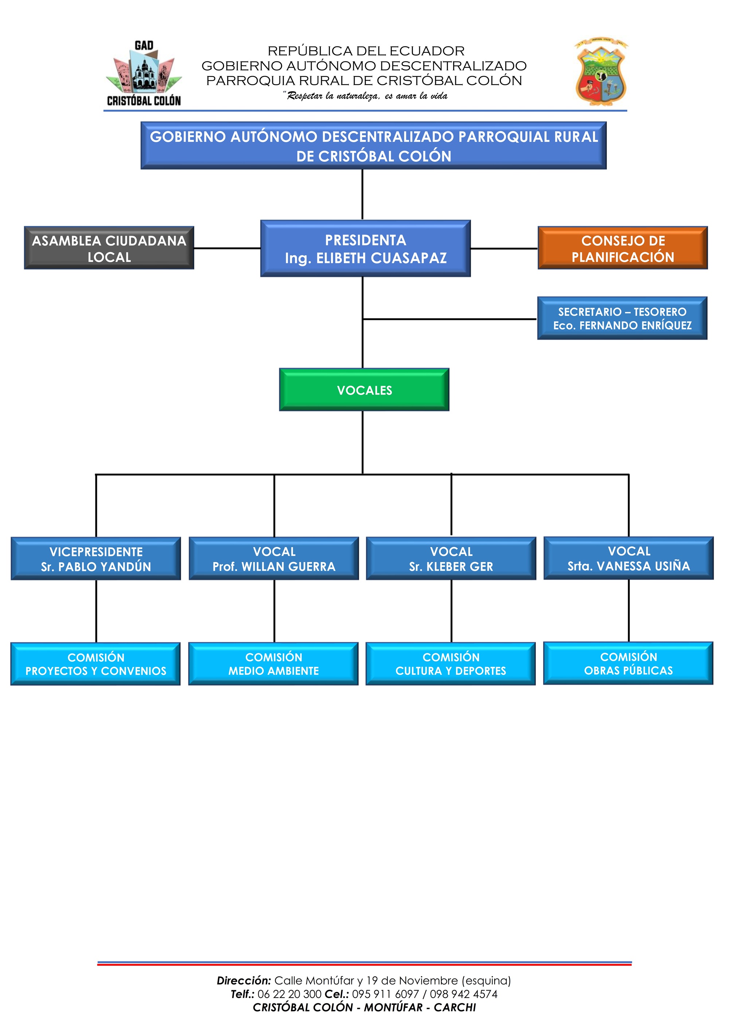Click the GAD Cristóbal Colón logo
point(144,74)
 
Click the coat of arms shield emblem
point(601,72)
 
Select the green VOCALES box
point(364,390)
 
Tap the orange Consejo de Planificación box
point(623,248)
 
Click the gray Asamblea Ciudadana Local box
point(109,248)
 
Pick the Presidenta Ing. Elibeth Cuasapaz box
point(366,248)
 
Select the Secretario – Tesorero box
point(622,318)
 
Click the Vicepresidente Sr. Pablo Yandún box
point(96,558)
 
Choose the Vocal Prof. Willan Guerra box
point(274,558)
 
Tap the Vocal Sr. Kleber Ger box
point(451,558)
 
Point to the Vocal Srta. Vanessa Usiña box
point(629,558)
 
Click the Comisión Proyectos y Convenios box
point(95,664)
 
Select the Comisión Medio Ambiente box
point(273,664)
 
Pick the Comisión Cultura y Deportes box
point(451,664)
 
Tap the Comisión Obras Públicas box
point(628,663)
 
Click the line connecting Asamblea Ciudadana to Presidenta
point(227,248)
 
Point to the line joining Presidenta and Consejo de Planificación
point(504,248)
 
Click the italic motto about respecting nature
point(365,96)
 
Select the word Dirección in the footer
point(244,980)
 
